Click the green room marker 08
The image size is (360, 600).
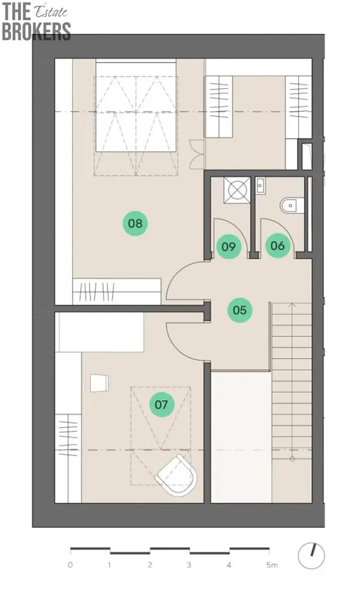pyautogui.click(x=135, y=223)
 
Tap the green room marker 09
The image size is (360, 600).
pyautogui.click(x=229, y=246)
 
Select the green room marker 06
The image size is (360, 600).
pyautogui.click(x=278, y=245)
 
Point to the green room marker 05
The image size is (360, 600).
pyautogui.click(x=240, y=310)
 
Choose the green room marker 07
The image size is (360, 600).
pyautogui.click(x=161, y=404)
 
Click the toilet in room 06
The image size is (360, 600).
pyautogui.click(x=292, y=205)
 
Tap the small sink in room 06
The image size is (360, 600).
pyautogui.click(x=260, y=186)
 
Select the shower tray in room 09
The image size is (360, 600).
pyautogui.click(x=237, y=190)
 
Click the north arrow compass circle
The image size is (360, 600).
pyautogui.click(x=311, y=556)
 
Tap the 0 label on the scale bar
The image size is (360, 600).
pyautogui.click(x=70, y=565)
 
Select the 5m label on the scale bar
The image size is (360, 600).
pyautogui.click(x=272, y=565)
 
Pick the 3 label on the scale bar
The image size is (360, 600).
pyautogui.click(x=189, y=565)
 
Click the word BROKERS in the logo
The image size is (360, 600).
pyautogui.click(x=37, y=31)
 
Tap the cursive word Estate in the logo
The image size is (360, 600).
pyautogui.click(x=51, y=12)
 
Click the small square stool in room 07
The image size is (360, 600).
pyautogui.click(x=99, y=383)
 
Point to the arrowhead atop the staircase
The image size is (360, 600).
pyautogui.click(x=292, y=305)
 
